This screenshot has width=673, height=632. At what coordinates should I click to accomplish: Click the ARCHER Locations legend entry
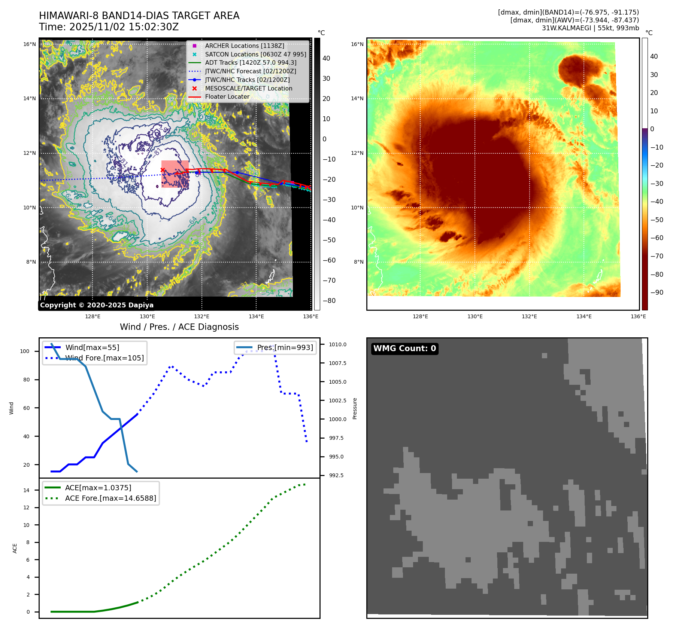244,46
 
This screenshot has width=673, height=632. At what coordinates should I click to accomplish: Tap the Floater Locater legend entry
227,97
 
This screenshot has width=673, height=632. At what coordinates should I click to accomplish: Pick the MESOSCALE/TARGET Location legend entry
248,88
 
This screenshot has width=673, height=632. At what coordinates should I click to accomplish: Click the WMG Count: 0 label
404,349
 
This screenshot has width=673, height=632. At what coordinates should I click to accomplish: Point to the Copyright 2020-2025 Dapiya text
97,305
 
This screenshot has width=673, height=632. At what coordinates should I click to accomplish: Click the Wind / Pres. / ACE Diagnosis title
179,327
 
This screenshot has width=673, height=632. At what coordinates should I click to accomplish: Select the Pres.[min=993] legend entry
285,347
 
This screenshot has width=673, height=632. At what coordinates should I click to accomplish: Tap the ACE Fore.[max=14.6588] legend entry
110,498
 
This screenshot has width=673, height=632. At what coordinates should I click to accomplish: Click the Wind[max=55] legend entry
92,347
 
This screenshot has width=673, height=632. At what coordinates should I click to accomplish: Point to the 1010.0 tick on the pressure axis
337,344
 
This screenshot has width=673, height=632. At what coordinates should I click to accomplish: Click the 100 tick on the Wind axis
25,351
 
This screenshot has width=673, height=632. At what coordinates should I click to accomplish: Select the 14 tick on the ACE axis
27,490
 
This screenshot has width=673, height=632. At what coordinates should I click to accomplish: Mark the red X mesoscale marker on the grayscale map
163,170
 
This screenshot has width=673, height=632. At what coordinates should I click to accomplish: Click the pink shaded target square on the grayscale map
175,174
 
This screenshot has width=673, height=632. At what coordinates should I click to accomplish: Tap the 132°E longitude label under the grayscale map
201,316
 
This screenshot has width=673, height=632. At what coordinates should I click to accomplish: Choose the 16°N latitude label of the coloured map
357,44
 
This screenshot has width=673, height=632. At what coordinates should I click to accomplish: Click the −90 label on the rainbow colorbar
657,292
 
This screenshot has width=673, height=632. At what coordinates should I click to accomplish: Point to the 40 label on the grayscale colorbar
326,58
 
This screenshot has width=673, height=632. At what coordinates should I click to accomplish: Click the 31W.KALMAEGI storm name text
566,28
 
